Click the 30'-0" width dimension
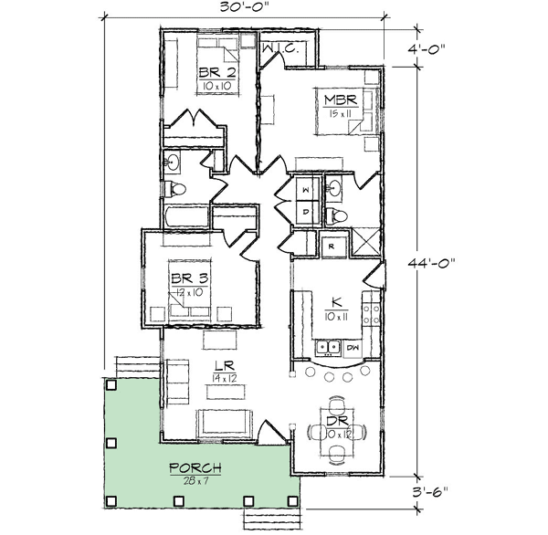point(244,6)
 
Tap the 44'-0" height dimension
point(432,262)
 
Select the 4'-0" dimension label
point(427,47)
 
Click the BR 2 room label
point(217,73)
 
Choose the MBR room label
point(341,100)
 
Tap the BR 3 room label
point(190,278)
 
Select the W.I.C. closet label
point(280,48)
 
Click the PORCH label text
point(195,468)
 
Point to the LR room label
point(225,366)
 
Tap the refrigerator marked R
point(333,247)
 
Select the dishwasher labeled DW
point(353,349)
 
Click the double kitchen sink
point(328,347)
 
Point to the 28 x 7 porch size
point(195,481)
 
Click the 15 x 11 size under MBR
point(340,113)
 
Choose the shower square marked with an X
point(365,243)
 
